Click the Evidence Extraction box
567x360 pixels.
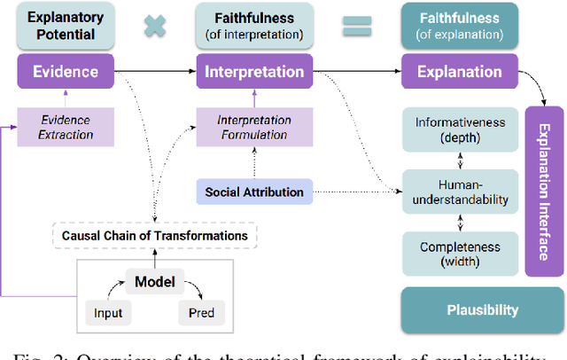66,126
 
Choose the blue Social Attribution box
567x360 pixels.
254,192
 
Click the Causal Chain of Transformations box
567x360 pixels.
155,235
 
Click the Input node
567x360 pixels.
109,312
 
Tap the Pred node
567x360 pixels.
201,312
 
